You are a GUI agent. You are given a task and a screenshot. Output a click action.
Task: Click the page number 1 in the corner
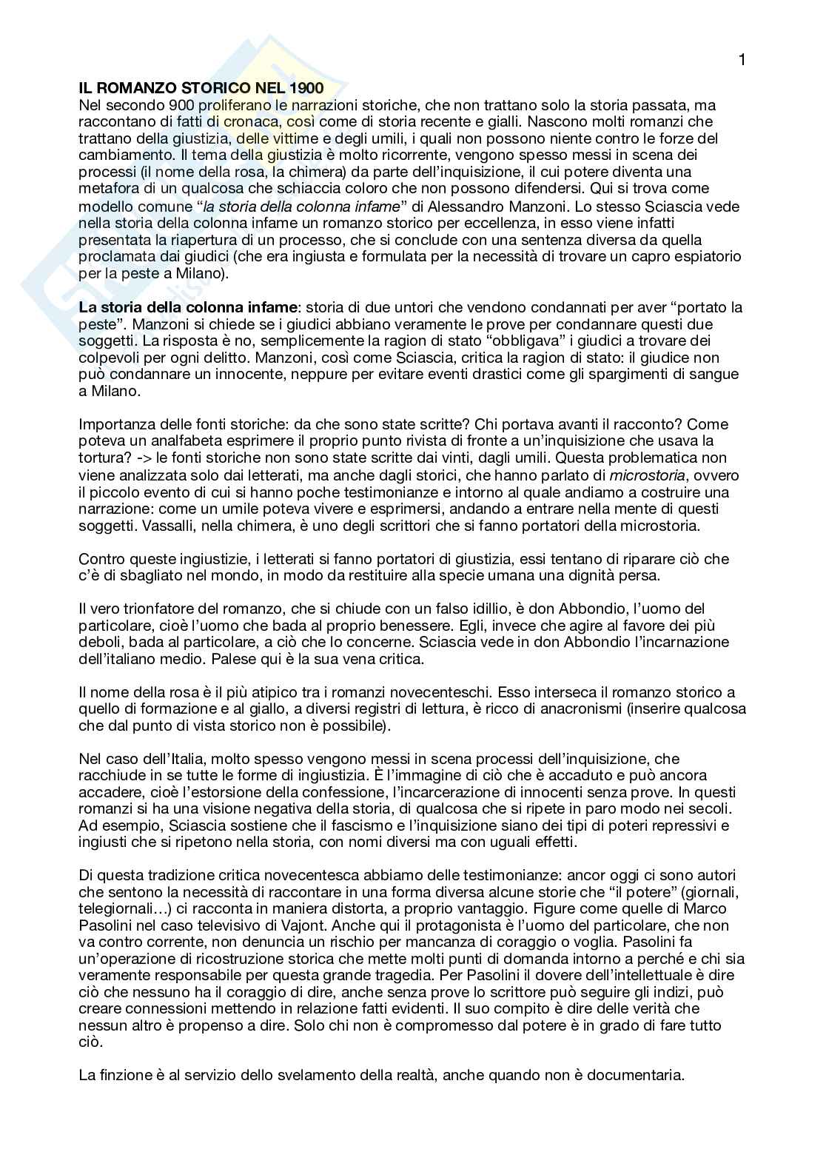pos(742,60)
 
